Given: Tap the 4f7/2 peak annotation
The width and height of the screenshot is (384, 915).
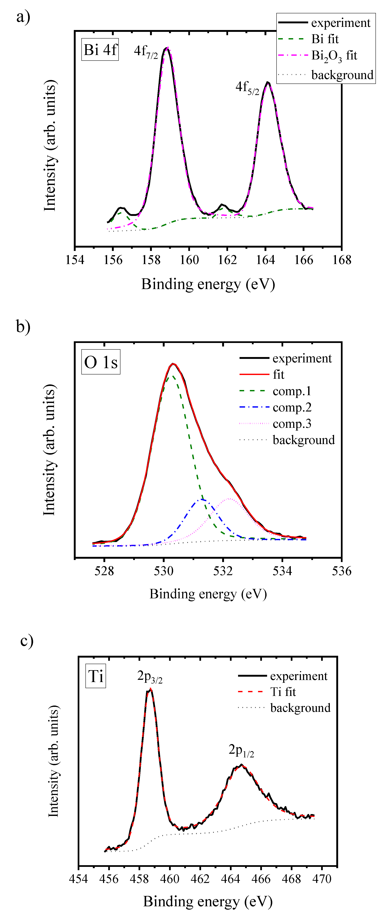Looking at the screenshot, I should [x=146, y=51].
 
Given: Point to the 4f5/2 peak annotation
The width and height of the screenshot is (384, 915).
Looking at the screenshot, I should [x=247, y=87].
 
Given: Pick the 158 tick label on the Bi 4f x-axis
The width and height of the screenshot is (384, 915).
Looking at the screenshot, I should [x=151, y=260].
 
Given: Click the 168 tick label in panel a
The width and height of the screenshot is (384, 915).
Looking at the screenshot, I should [x=342, y=260].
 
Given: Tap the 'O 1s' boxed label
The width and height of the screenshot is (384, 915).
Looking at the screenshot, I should [x=101, y=362].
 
